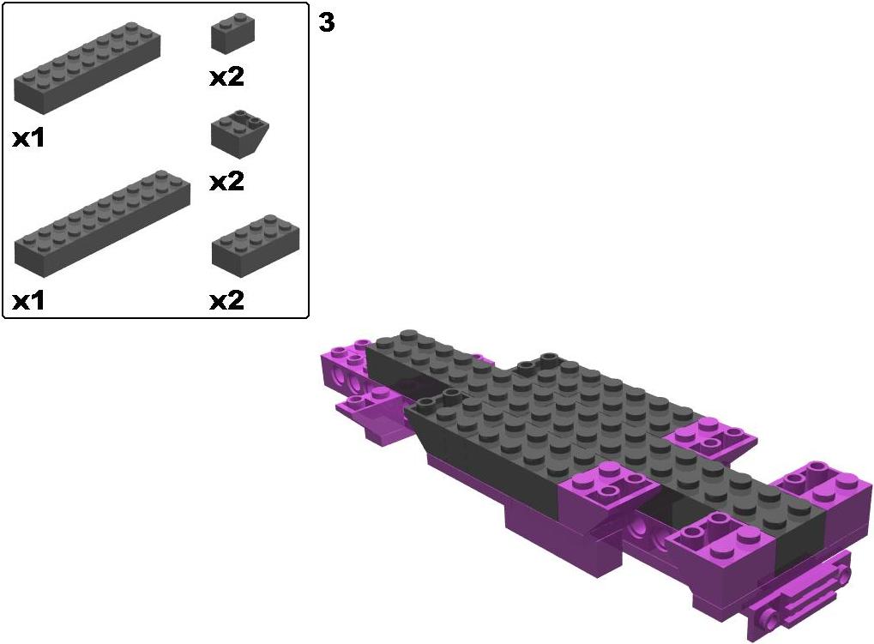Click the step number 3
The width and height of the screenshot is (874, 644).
(x=327, y=22)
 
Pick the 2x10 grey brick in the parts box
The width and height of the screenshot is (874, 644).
(x=102, y=224)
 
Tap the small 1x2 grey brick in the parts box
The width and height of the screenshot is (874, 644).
(x=233, y=34)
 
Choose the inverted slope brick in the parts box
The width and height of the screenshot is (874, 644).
(x=239, y=134)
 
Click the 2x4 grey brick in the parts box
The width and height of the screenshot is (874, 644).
(x=256, y=245)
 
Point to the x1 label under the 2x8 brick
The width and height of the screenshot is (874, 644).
(x=28, y=139)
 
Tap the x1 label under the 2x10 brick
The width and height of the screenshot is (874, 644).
(x=28, y=301)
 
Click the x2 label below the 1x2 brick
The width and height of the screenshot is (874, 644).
(x=226, y=77)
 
